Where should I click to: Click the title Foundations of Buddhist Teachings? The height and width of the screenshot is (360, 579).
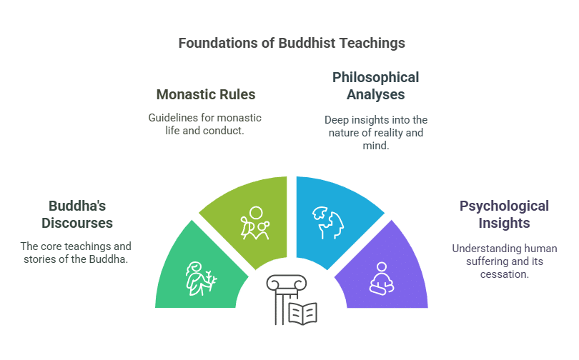291,43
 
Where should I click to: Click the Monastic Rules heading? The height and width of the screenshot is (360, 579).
205,94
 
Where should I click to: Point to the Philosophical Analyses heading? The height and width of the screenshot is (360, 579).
375,85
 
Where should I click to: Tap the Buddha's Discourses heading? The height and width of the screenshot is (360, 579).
76,214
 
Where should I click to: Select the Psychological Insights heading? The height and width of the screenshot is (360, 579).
504,214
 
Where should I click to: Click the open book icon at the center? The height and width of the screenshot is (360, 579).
302,313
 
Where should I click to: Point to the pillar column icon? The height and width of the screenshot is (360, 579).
282,300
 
